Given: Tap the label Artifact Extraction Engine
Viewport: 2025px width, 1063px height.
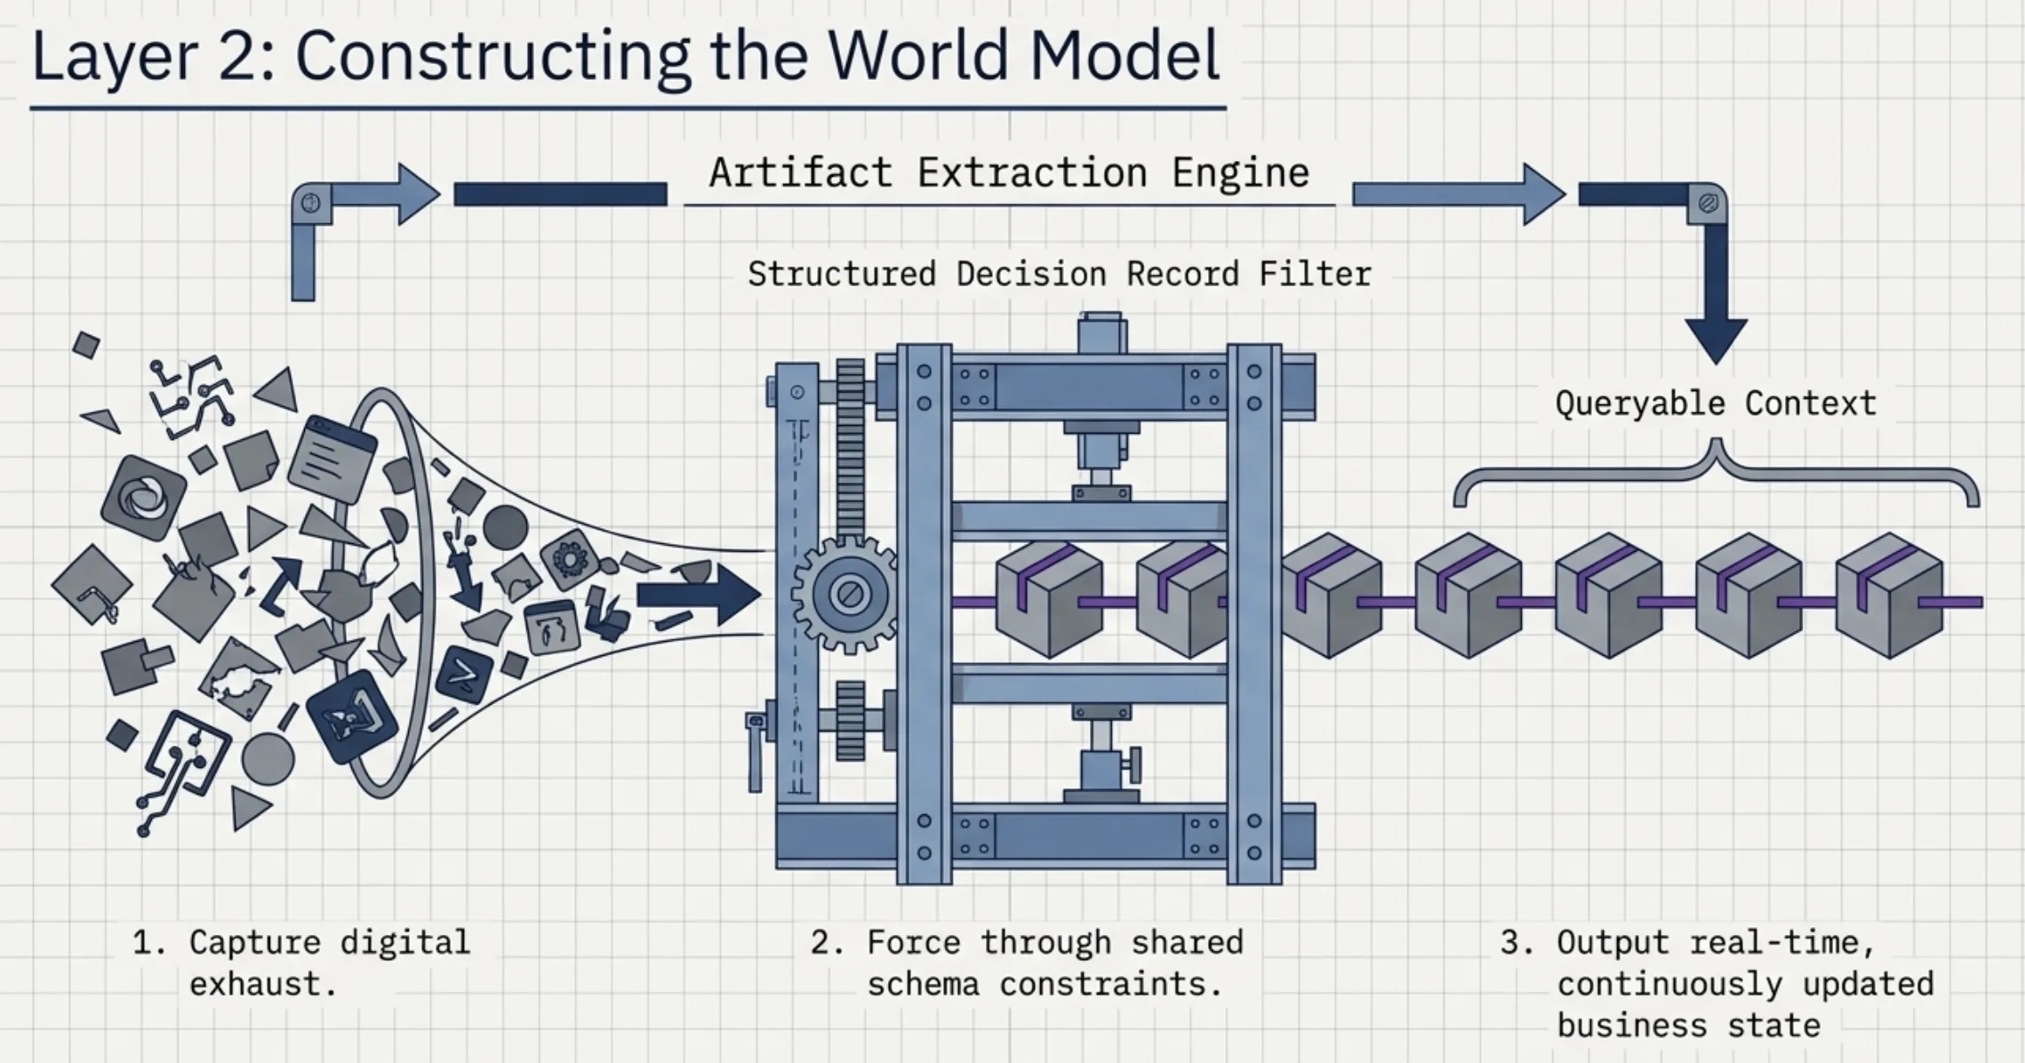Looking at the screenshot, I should (1009, 172).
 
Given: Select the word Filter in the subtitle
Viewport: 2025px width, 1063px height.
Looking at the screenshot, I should (1315, 274).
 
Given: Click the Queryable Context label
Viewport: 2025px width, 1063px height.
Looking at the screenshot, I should (1716, 404).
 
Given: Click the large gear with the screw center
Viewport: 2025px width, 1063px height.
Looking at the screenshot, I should (847, 594).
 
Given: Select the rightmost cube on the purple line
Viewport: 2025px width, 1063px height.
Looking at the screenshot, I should (1888, 595).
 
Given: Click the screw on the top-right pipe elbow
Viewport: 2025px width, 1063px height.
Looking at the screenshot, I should (1708, 204).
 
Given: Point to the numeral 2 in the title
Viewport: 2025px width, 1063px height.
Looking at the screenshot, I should (237, 55).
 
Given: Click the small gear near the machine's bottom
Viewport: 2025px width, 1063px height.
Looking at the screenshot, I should (850, 720).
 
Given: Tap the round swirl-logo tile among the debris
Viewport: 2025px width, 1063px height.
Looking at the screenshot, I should (144, 498).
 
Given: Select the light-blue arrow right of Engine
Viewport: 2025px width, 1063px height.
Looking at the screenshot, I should (1458, 194).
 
